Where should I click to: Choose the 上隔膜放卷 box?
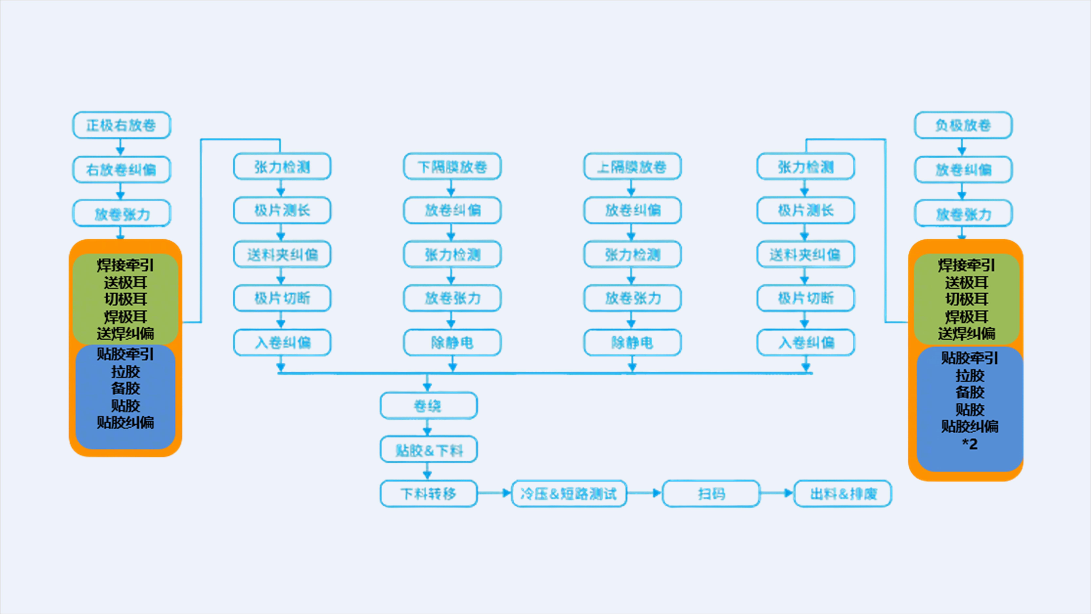[632, 166]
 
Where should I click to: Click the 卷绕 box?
[428, 406]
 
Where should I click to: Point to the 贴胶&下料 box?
[428, 450]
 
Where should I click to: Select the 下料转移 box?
[428, 493]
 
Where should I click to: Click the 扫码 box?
[711, 493]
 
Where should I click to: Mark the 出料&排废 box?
[843, 493]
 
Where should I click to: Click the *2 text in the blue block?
[970, 444]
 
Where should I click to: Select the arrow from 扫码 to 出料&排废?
[776, 493]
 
